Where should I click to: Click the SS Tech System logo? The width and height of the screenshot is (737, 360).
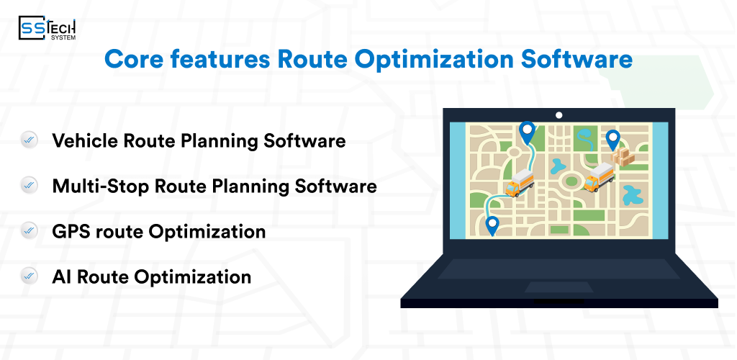tap(48, 28)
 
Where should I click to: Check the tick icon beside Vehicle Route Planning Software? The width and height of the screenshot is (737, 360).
tap(30, 140)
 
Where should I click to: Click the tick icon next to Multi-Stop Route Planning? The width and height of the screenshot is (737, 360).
tap(30, 186)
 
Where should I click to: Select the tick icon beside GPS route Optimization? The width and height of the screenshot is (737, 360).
tap(30, 232)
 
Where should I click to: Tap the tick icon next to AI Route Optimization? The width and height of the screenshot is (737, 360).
tap(30, 276)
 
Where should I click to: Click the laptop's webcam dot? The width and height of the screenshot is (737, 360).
tap(559, 115)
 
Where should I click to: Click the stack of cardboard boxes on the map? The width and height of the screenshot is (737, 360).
tap(623, 158)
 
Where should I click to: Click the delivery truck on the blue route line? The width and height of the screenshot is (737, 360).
tap(519, 185)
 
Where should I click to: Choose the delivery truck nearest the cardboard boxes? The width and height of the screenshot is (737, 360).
tap(598, 178)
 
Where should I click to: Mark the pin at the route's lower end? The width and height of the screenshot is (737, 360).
tap(492, 226)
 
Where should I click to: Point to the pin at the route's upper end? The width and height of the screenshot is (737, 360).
tap(528, 132)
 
